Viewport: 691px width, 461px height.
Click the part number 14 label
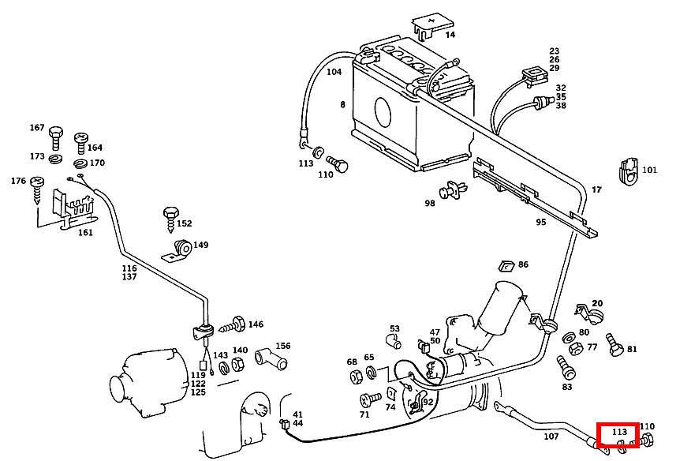450,35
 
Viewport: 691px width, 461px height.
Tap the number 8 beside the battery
342,105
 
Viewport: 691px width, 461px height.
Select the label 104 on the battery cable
334,72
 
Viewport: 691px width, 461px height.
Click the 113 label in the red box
619,433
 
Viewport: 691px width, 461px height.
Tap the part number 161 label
85,233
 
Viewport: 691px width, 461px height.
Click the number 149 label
201,245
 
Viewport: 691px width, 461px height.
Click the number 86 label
524,265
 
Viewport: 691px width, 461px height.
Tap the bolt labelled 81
613,345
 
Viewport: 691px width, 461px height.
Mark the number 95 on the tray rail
540,223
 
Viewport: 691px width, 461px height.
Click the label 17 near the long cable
596,190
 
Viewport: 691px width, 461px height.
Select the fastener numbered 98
453,190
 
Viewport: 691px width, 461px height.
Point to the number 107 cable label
551,437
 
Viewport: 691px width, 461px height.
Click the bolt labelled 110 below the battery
339,166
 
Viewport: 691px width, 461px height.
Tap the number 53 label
394,329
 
